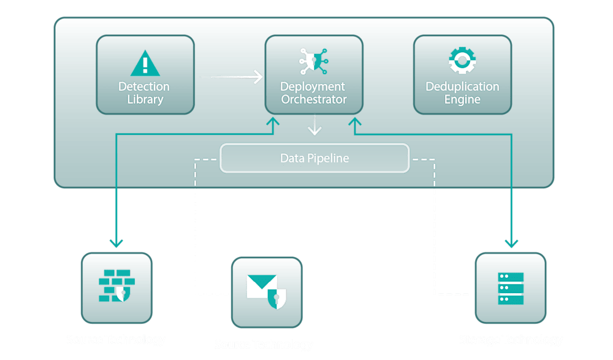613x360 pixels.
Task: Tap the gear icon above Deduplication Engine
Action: [x=462, y=61]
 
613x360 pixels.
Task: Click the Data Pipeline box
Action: [x=314, y=158]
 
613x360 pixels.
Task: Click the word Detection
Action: [x=144, y=86]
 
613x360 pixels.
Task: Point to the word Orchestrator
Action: [x=314, y=99]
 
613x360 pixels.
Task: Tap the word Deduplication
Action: [x=462, y=86]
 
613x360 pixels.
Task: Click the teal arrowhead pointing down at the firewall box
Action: [x=116, y=243]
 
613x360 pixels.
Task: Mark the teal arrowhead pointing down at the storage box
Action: [x=511, y=243]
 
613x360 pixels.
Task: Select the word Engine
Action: [x=462, y=99]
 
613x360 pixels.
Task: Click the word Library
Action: [x=145, y=99]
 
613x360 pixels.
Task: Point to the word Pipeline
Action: [x=329, y=158]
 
